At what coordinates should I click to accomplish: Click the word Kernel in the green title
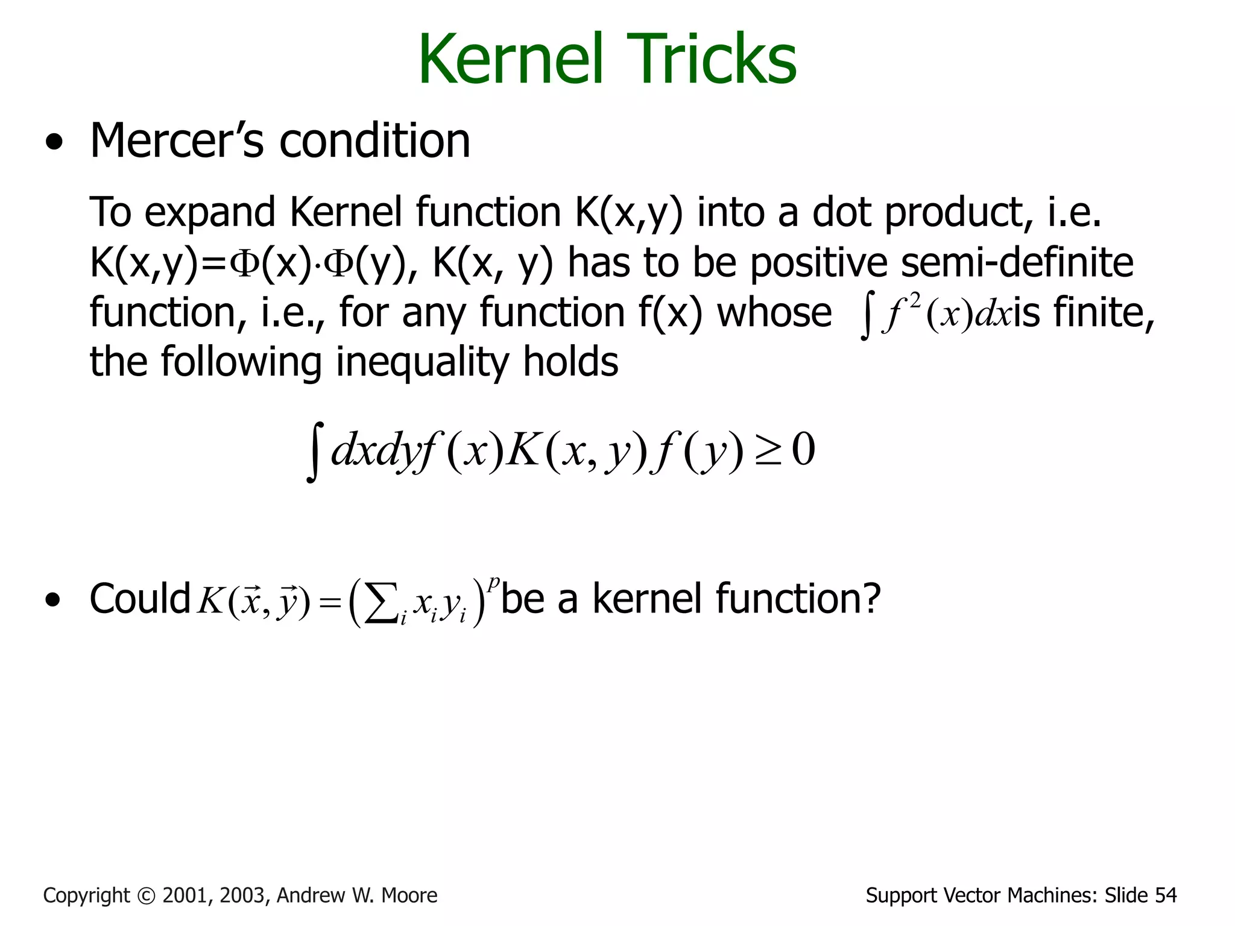click(x=510, y=59)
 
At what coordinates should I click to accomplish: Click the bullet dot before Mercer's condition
click(x=54, y=143)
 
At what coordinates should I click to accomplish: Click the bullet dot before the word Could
click(x=54, y=600)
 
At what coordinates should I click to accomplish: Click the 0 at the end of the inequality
click(x=803, y=450)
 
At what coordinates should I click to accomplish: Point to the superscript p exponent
click(x=494, y=582)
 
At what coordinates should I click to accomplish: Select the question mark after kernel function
click(x=870, y=599)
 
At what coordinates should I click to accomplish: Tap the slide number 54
click(x=1166, y=896)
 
